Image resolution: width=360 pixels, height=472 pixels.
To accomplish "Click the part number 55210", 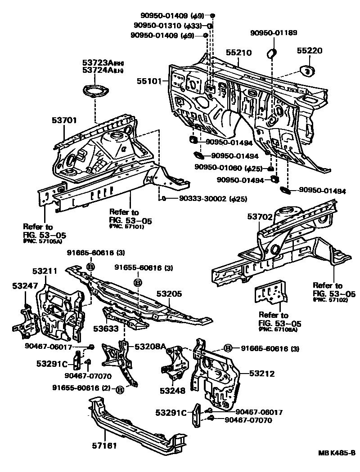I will pyautogui.click(x=238, y=53).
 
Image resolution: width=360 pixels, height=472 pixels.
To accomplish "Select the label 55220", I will pyautogui.click(x=309, y=51).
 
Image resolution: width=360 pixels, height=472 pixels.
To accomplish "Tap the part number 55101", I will pyautogui.click(x=151, y=82).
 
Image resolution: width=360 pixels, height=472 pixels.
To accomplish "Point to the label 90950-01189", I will pyautogui.click(x=274, y=33).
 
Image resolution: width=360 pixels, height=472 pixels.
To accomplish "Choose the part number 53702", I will pyautogui.click(x=260, y=217).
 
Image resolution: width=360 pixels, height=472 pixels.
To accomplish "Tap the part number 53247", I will pyautogui.click(x=24, y=286).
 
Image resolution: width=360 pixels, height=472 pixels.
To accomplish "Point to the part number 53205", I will pyautogui.click(x=169, y=294).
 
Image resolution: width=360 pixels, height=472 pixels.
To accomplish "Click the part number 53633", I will pyautogui.click(x=106, y=329).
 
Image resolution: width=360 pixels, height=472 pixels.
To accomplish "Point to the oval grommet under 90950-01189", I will pyautogui.click(x=272, y=54).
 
